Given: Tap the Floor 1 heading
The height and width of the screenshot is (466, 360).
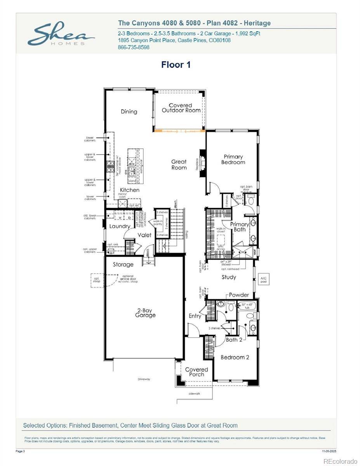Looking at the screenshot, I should point(176,65).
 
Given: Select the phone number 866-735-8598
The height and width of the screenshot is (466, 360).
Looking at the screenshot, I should point(133,47).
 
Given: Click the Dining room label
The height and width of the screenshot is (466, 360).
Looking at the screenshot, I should point(129,111).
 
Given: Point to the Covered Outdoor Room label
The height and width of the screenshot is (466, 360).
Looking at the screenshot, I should point(181,108).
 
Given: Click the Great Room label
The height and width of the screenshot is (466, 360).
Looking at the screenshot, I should point(179,165).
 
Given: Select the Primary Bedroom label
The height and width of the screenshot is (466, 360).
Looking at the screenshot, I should point(233,159).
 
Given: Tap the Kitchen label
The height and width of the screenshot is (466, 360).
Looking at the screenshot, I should point(129,190).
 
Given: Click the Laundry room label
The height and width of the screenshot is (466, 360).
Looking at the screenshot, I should point(120,226).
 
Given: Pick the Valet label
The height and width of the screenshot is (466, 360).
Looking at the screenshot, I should point(144,235).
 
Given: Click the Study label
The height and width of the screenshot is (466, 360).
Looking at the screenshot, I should point(229,277).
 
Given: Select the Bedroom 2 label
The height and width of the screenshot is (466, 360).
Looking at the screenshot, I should point(235,357).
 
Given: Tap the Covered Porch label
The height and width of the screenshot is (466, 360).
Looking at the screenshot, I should point(197,372).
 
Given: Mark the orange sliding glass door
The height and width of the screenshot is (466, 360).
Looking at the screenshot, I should point(179,130).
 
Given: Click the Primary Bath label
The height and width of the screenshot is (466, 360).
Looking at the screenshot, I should point(240,227).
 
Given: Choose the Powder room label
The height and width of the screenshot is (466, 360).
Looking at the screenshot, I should point(239,295).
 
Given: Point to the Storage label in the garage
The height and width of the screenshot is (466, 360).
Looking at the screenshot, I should point(123,264).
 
